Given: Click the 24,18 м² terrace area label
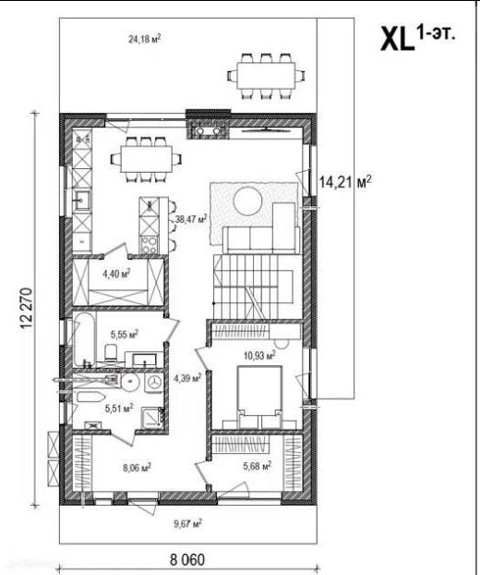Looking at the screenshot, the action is point(145,39).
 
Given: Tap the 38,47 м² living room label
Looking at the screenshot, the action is point(191,219).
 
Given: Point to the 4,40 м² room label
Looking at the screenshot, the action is point(117,274).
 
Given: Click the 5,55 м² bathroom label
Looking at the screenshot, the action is point(125,334).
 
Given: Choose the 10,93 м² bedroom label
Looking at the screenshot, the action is point(259,355).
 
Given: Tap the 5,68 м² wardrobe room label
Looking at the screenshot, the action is point(258,466).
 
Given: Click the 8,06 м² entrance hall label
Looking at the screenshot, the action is point(138,468).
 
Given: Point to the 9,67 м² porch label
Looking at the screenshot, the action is point(187,523).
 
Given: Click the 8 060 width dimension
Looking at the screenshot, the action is point(187,560).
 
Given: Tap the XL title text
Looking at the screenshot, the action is point(397,40).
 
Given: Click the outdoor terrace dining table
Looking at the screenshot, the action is point(266,76).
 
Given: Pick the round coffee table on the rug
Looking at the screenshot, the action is point(248,201).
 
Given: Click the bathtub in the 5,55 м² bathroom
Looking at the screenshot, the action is point(85,339).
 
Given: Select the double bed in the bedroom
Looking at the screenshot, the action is point(259,397).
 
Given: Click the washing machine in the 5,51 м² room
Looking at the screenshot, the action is point(154,382).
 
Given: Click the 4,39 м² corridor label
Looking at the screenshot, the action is point(187,377).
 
